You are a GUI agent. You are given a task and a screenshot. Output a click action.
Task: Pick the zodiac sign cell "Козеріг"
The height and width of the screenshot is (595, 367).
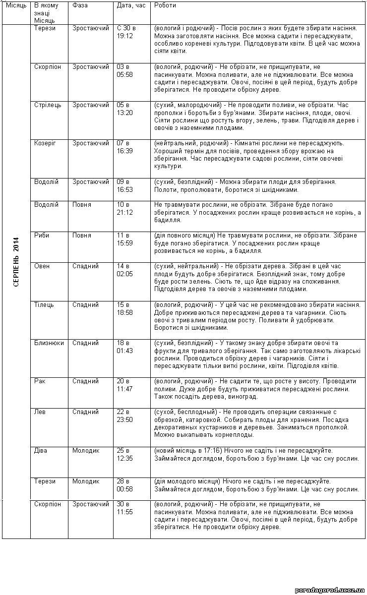pos(45,143)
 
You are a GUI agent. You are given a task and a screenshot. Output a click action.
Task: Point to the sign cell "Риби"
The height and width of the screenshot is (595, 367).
pos(42,236)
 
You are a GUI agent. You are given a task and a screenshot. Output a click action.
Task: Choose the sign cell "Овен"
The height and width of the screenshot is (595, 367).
pos(42,266)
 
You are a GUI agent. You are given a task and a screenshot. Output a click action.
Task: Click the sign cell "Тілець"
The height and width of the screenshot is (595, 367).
pos(44,304)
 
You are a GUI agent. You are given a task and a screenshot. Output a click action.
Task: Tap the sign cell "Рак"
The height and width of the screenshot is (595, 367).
pos(40,381)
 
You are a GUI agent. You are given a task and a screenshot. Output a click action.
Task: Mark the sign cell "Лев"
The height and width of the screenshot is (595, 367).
pos(40,412)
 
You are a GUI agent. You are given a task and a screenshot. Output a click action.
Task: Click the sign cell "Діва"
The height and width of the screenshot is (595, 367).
pos(41,451)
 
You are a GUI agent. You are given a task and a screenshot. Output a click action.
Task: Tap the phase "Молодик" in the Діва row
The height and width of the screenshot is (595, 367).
pos(86,451)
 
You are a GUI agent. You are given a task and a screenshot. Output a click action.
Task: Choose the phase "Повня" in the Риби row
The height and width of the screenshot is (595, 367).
pos(81,236)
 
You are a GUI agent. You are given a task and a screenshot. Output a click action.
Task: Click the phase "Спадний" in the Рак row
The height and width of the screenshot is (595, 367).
pos(85,381)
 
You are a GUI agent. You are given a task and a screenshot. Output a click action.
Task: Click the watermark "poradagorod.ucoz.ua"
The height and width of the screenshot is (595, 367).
pos(330,590)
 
